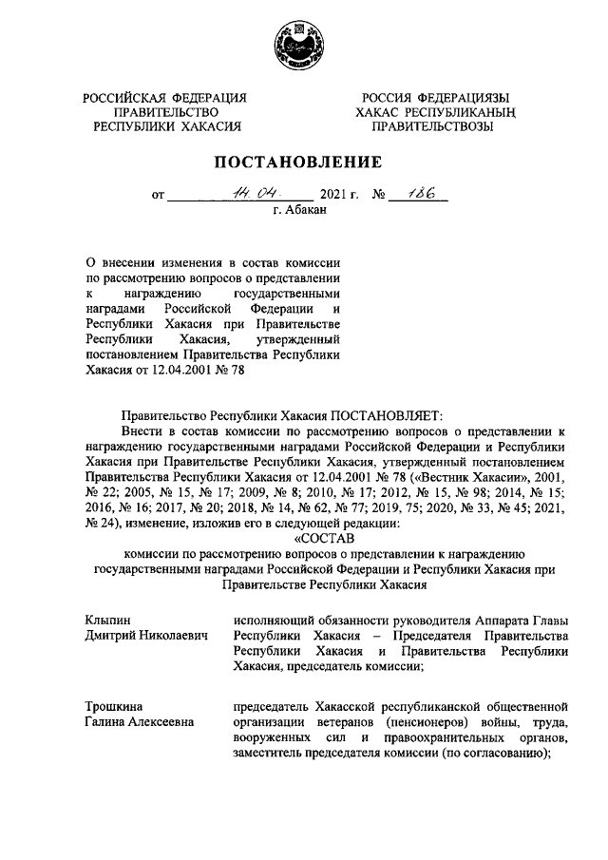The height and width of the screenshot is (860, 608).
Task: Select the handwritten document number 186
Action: (419, 194)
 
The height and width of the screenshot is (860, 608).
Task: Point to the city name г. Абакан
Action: (303, 212)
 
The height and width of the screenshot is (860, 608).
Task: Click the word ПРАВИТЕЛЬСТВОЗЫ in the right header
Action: (432, 125)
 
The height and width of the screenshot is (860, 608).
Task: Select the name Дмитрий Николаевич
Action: (144, 635)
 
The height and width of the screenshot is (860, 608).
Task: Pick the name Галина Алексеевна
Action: (139, 722)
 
